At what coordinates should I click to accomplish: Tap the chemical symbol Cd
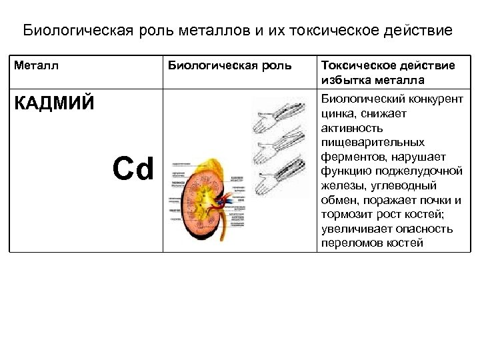click(x=133, y=169)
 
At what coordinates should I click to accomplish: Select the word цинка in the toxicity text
click(x=339, y=113)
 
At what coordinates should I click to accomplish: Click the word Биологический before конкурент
click(x=364, y=99)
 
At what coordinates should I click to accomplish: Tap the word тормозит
click(x=347, y=215)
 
